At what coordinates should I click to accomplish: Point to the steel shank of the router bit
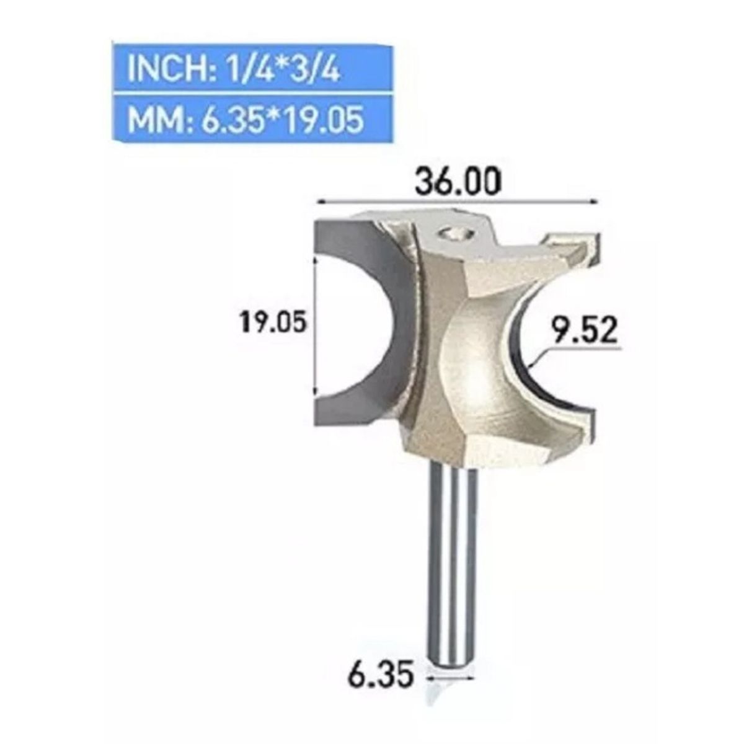point(454,558)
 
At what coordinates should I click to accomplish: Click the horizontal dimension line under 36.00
point(456,201)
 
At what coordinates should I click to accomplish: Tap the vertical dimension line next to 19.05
point(317,329)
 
